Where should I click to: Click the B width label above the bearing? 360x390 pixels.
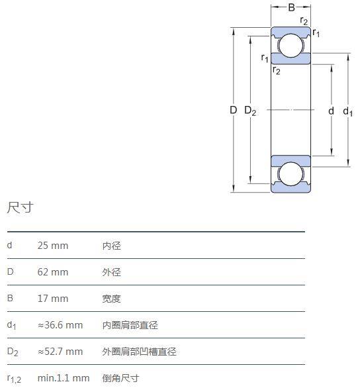(291, 7)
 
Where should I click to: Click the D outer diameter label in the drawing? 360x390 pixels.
(233, 110)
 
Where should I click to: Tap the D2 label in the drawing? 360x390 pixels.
(250, 111)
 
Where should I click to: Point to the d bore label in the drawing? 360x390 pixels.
(331, 111)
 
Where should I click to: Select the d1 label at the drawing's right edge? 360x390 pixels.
(347, 111)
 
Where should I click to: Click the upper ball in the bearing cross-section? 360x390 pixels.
(291, 45)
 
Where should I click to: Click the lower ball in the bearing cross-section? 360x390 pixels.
(291, 174)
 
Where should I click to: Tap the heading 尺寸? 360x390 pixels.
(20, 208)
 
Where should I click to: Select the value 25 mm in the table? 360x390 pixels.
(53, 246)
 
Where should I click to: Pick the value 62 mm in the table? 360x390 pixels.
(53, 272)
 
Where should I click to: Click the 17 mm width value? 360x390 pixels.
(53, 299)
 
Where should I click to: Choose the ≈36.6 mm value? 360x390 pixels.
(60, 325)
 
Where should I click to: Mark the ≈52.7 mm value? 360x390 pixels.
(60, 352)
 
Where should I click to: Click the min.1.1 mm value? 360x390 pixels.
(64, 378)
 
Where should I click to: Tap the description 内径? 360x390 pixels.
(112, 246)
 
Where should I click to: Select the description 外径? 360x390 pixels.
(112, 272)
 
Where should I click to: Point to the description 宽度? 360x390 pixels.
(112, 299)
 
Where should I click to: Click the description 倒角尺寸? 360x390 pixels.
(121, 378)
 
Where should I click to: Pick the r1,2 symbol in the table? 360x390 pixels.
(14, 379)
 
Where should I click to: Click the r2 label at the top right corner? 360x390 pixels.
(304, 21)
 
